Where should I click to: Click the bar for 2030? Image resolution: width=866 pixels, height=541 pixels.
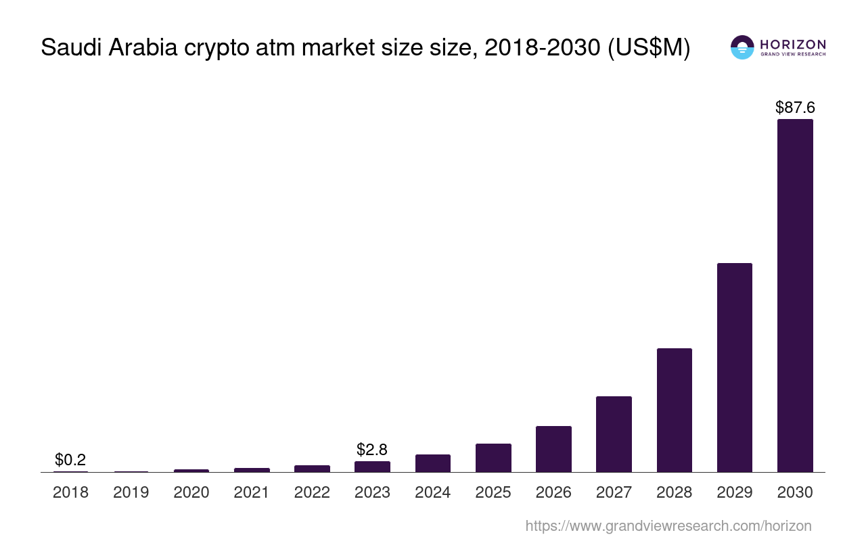click(x=795, y=296)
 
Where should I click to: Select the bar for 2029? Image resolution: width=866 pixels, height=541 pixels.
click(x=735, y=367)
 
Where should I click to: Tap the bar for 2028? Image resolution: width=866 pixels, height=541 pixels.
click(x=675, y=410)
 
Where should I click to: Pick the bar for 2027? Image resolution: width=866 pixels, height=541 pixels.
click(x=614, y=434)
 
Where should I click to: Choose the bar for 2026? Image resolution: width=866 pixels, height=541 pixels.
click(x=553, y=449)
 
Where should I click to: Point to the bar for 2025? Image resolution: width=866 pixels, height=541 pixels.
click(x=493, y=458)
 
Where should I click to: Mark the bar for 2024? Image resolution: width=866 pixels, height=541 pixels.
click(x=433, y=463)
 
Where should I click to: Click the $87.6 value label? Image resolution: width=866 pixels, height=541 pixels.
click(x=795, y=107)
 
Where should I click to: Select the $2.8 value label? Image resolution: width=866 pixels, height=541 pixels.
click(x=372, y=449)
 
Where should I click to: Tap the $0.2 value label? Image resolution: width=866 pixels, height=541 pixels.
click(x=70, y=460)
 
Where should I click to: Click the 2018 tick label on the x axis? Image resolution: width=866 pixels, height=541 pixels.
click(x=70, y=492)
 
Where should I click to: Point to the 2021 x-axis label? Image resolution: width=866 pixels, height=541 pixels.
click(x=252, y=492)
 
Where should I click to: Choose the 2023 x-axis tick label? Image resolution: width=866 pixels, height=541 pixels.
click(x=372, y=492)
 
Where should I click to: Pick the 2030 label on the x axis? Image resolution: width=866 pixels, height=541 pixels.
click(x=795, y=492)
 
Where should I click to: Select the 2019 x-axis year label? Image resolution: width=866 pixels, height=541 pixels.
click(x=131, y=492)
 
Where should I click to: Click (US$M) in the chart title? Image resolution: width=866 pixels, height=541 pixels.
click(x=649, y=48)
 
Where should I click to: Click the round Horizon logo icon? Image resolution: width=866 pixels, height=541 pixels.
click(x=742, y=47)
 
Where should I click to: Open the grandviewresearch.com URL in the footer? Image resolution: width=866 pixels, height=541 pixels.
click(x=668, y=525)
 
